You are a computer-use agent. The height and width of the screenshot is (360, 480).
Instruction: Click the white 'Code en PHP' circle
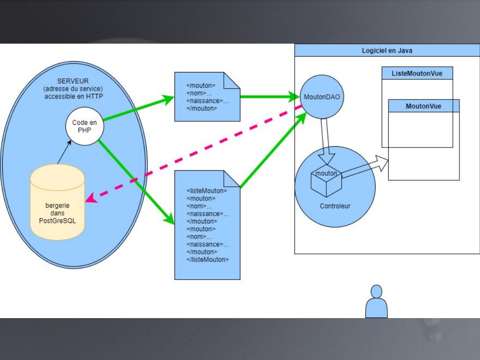pyautogui.click(x=85, y=126)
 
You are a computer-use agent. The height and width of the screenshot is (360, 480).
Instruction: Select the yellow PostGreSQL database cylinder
pyautogui.click(x=57, y=202)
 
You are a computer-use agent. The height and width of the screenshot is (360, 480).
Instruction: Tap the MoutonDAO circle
pyautogui.click(x=322, y=97)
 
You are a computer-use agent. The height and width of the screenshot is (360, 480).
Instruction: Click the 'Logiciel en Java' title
pyautogui.click(x=387, y=51)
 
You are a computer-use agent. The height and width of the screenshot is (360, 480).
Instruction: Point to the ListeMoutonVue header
pyautogui.click(x=417, y=73)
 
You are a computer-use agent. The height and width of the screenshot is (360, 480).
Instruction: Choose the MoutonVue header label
pyautogui.click(x=423, y=106)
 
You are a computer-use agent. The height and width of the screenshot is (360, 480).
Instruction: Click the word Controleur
pyautogui.click(x=335, y=206)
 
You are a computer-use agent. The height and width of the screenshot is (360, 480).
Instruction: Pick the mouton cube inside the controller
pyautogui.click(x=326, y=181)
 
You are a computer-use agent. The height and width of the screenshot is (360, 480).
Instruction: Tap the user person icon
pyautogui.click(x=376, y=302)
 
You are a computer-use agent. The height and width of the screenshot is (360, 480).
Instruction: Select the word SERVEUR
pyautogui.click(x=73, y=81)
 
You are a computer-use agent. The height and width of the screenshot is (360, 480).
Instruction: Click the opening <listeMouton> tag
pyautogui.click(x=207, y=191)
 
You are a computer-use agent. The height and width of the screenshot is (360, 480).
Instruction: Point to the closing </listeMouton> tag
pyautogui.click(x=208, y=260)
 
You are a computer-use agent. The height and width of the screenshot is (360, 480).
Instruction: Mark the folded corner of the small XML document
pyautogui.click(x=232, y=80)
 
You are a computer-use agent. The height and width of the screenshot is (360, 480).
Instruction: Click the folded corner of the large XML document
pyautogui.click(x=232, y=178)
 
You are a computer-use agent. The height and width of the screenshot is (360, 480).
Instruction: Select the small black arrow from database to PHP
pyautogui.click(x=64, y=152)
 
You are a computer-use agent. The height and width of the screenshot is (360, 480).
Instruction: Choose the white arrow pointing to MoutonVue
pyautogui.click(x=365, y=167)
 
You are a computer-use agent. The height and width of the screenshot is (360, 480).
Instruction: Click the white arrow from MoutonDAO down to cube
pyautogui.click(x=326, y=141)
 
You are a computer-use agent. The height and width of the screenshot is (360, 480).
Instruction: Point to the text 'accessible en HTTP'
pyautogui.click(x=74, y=96)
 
